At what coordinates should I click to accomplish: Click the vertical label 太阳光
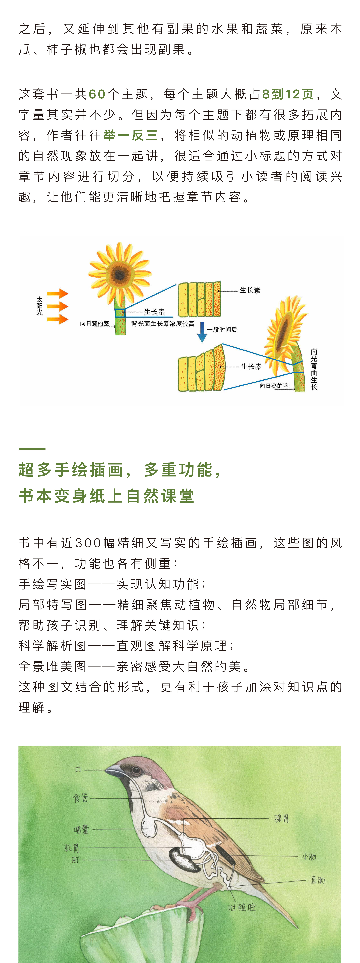click(40, 306)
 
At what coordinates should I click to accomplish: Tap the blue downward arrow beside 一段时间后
click(202, 332)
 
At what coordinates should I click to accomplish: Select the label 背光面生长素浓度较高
click(163, 324)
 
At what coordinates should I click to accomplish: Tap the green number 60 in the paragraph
click(97, 94)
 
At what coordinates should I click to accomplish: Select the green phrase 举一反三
click(131, 135)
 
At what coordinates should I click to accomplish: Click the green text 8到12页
click(288, 94)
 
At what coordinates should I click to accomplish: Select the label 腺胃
click(281, 819)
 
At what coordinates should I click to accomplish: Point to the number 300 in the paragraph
click(88, 543)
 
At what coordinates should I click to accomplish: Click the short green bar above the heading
click(32, 449)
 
